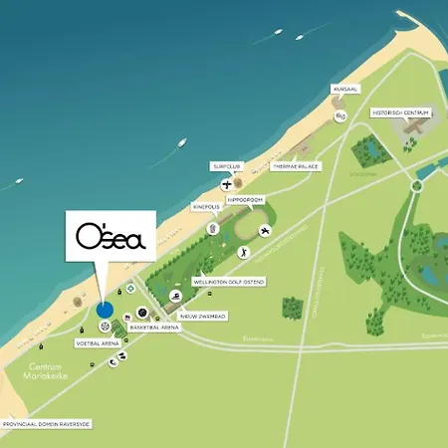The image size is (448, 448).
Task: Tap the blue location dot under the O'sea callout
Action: tap(106, 310)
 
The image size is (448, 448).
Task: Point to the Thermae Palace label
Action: tap(296, 166)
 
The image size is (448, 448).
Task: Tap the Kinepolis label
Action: tap(210, 210)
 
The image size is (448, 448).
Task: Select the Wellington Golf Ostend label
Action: tap(216, 284)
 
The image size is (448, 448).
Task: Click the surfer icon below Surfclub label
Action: tap(228, 183)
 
